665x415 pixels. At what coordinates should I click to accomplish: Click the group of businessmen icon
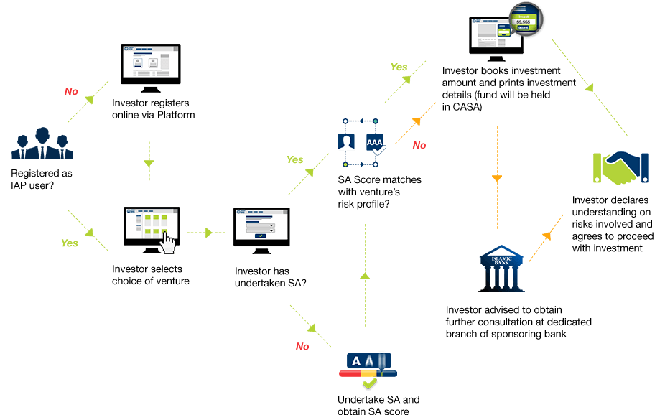pos(42,144)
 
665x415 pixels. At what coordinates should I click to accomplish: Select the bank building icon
pos(501,267)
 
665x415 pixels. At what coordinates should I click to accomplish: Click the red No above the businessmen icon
pos(71,91)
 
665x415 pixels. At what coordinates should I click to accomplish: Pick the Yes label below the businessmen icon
pos(69,243)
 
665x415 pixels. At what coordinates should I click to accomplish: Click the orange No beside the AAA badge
pos(419,146)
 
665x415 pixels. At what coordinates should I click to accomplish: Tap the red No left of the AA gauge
pos(302,346)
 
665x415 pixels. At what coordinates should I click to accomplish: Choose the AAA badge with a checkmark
pos(376,143)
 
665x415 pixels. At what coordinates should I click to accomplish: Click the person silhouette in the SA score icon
pos(348,142)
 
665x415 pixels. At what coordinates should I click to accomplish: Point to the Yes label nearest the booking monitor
pos(399,67)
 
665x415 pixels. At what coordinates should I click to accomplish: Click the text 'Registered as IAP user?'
pos(42,179)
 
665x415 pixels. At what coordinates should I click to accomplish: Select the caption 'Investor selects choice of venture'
pos(151,275)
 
